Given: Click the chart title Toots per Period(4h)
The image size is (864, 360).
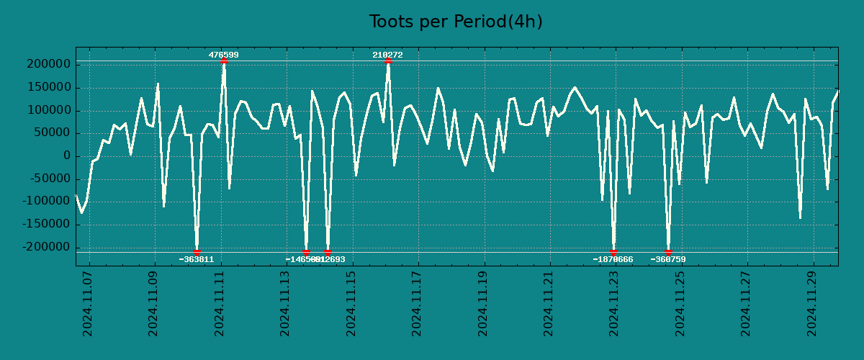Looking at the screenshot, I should tap(456, 22).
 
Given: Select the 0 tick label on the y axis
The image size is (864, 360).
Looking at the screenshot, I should tap(66, 156).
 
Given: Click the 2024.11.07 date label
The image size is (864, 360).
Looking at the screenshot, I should tap(88, 303).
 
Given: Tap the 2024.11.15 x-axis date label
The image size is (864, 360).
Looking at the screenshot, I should tap(351, 303).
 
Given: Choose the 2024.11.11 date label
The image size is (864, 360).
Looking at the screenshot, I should tap(220, 303).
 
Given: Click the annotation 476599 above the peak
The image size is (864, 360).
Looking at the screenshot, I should tap(224, 55).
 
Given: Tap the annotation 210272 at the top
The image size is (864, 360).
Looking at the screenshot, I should tap(387, 55).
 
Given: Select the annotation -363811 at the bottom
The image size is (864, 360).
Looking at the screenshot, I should tap(197, 259).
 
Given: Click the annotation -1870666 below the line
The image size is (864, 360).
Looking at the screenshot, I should tap(613, 259).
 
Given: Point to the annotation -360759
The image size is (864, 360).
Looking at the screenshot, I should tap(668, 259).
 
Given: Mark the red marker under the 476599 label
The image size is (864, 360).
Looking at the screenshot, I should tap(224, 61).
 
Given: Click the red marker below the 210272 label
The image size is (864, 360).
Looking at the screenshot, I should tap(388, 61).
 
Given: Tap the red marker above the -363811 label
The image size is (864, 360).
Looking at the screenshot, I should tap(197, 252).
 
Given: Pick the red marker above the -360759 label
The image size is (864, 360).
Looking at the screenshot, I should tap(668, 252).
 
